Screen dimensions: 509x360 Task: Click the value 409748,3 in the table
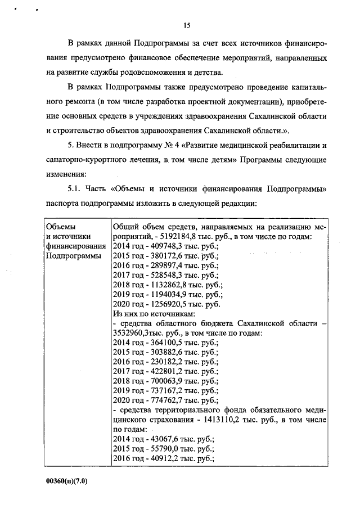[165, 246]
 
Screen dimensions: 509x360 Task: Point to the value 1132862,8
[167, 285]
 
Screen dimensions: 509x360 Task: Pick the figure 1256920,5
[167, 304]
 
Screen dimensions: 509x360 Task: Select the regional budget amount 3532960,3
[132, 333]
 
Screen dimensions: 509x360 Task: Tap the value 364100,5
[165, 343]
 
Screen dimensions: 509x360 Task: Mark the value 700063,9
[165, 381]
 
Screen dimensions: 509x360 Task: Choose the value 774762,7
[165, 400]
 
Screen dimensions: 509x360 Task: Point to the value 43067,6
[163, 439]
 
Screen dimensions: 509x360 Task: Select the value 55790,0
[163, 448]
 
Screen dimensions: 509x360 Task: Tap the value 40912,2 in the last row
[163, 458]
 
